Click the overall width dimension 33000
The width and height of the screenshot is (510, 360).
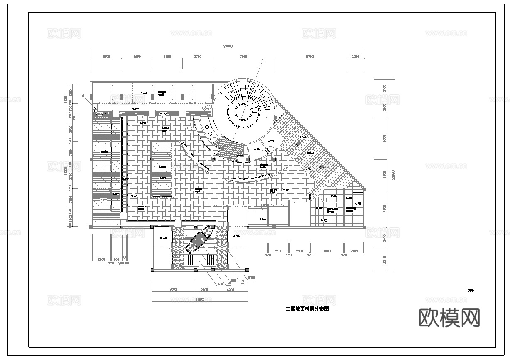(x=228, y=46)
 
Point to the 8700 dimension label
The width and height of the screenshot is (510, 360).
(x=310, y=57)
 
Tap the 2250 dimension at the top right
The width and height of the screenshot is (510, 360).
(x=355, y=57)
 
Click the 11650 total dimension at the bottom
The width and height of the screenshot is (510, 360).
(x=201, y=299)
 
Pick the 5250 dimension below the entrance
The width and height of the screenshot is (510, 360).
(x=174, y=290)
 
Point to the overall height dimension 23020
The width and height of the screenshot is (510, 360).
(x=393, y=175)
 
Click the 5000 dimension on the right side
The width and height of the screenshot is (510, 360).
(x=384, y=138)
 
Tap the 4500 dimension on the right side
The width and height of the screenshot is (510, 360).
(x=384, y=208)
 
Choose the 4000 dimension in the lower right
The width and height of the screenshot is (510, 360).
(x=326, y=251)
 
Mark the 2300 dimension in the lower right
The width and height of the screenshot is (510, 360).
(x=354, y=251)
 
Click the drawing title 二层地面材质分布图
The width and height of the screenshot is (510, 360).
(x=307, y=309)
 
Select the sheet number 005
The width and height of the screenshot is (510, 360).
(x=470, y=291)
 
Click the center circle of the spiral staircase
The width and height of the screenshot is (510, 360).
(x=241, y=111)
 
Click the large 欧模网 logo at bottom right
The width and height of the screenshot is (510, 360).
(x=449, y=318)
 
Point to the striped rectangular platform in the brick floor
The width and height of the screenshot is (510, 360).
(x=162, y=168)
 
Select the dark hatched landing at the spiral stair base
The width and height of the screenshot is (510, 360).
(x=230, y=148)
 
